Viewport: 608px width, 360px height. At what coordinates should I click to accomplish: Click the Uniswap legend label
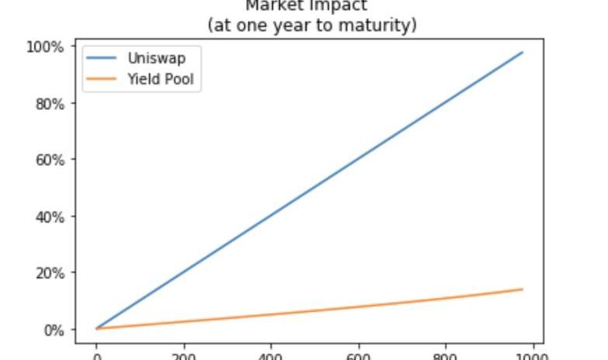tap(156, 58)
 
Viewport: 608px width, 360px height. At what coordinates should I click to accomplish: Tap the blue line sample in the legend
tap(103, 58)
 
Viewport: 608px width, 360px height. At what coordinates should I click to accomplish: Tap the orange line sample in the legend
tap(103, 78)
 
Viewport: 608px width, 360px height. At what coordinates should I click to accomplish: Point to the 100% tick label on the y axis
tap(46, 47)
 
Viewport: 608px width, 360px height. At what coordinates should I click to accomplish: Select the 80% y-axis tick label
tap(49, 103)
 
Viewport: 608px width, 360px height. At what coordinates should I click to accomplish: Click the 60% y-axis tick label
tap(49, 160)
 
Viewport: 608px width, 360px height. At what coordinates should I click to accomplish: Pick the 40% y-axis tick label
tap(49, 216)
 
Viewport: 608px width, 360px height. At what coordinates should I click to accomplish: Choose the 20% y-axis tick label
tap(49, 273)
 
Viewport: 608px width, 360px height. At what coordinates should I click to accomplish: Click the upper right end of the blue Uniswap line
tap(523, 52)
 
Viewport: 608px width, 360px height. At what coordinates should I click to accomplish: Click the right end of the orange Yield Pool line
tap(523, 289)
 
